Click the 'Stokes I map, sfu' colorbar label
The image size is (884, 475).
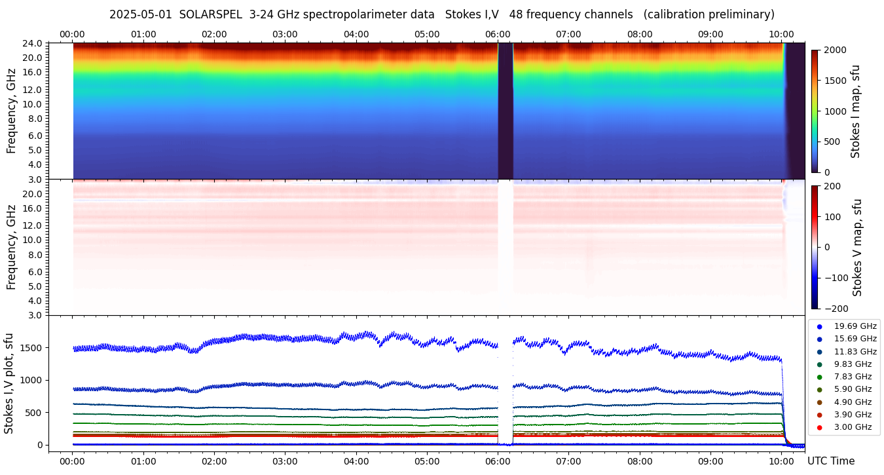855,111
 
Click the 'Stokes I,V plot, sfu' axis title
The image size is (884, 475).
9,383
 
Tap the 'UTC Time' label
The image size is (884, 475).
830,461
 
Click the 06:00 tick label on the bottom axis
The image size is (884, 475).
498,461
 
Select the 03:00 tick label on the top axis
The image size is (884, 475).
285,34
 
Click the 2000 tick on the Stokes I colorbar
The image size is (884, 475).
836,50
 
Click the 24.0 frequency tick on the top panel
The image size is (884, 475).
33,43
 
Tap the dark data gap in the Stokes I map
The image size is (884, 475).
505,111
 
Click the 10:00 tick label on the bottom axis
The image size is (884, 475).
781,461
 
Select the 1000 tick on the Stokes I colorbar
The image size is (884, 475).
836,111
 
